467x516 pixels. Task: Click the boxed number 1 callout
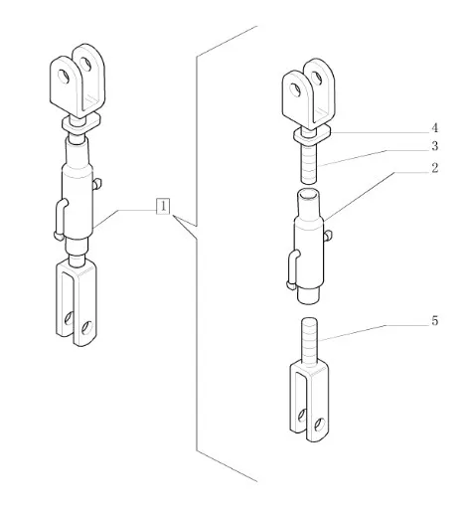click(163, 206)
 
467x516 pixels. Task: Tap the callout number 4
click(434, 127)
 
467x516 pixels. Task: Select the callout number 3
click(434, 146)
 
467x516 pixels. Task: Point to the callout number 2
click(434, 168)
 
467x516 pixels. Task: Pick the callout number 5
click(434, 321)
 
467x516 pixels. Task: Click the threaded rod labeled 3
click(309, 162)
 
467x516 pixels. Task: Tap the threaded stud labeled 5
click(309, 341)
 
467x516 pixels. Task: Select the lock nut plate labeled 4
click(312, 134)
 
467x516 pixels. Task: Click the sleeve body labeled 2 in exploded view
click(309, 246)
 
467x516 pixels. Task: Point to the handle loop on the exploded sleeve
click(291, 269)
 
